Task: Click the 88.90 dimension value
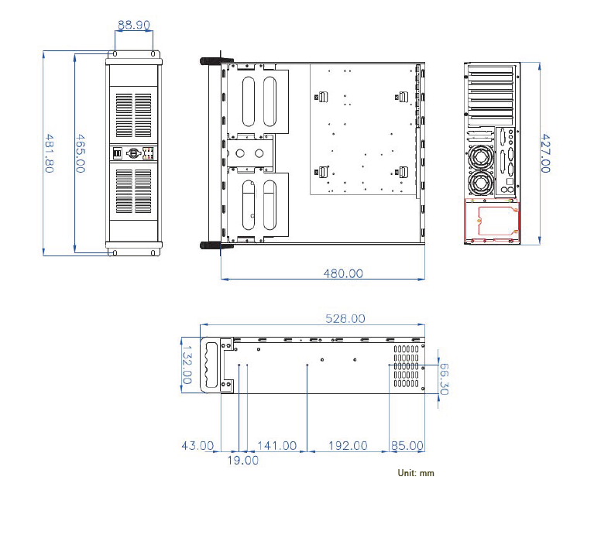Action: [133, 25]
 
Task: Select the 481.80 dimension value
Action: [49, 153]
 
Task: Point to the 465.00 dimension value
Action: [79, 153]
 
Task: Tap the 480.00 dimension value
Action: [342, 273]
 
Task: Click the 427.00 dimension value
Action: [544, 153]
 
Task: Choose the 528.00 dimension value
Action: [345, 318]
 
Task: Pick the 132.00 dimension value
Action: [187, 365]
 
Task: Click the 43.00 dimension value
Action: [197, 445]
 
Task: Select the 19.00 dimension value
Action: [242, 460]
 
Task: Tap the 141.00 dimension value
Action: [276, 445]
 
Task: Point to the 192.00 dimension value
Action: [348, 445]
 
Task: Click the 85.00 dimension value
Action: [407, 445]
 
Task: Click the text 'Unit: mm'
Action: [416, 472]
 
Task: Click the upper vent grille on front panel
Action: [134, 115]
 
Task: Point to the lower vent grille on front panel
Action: [134, 190]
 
